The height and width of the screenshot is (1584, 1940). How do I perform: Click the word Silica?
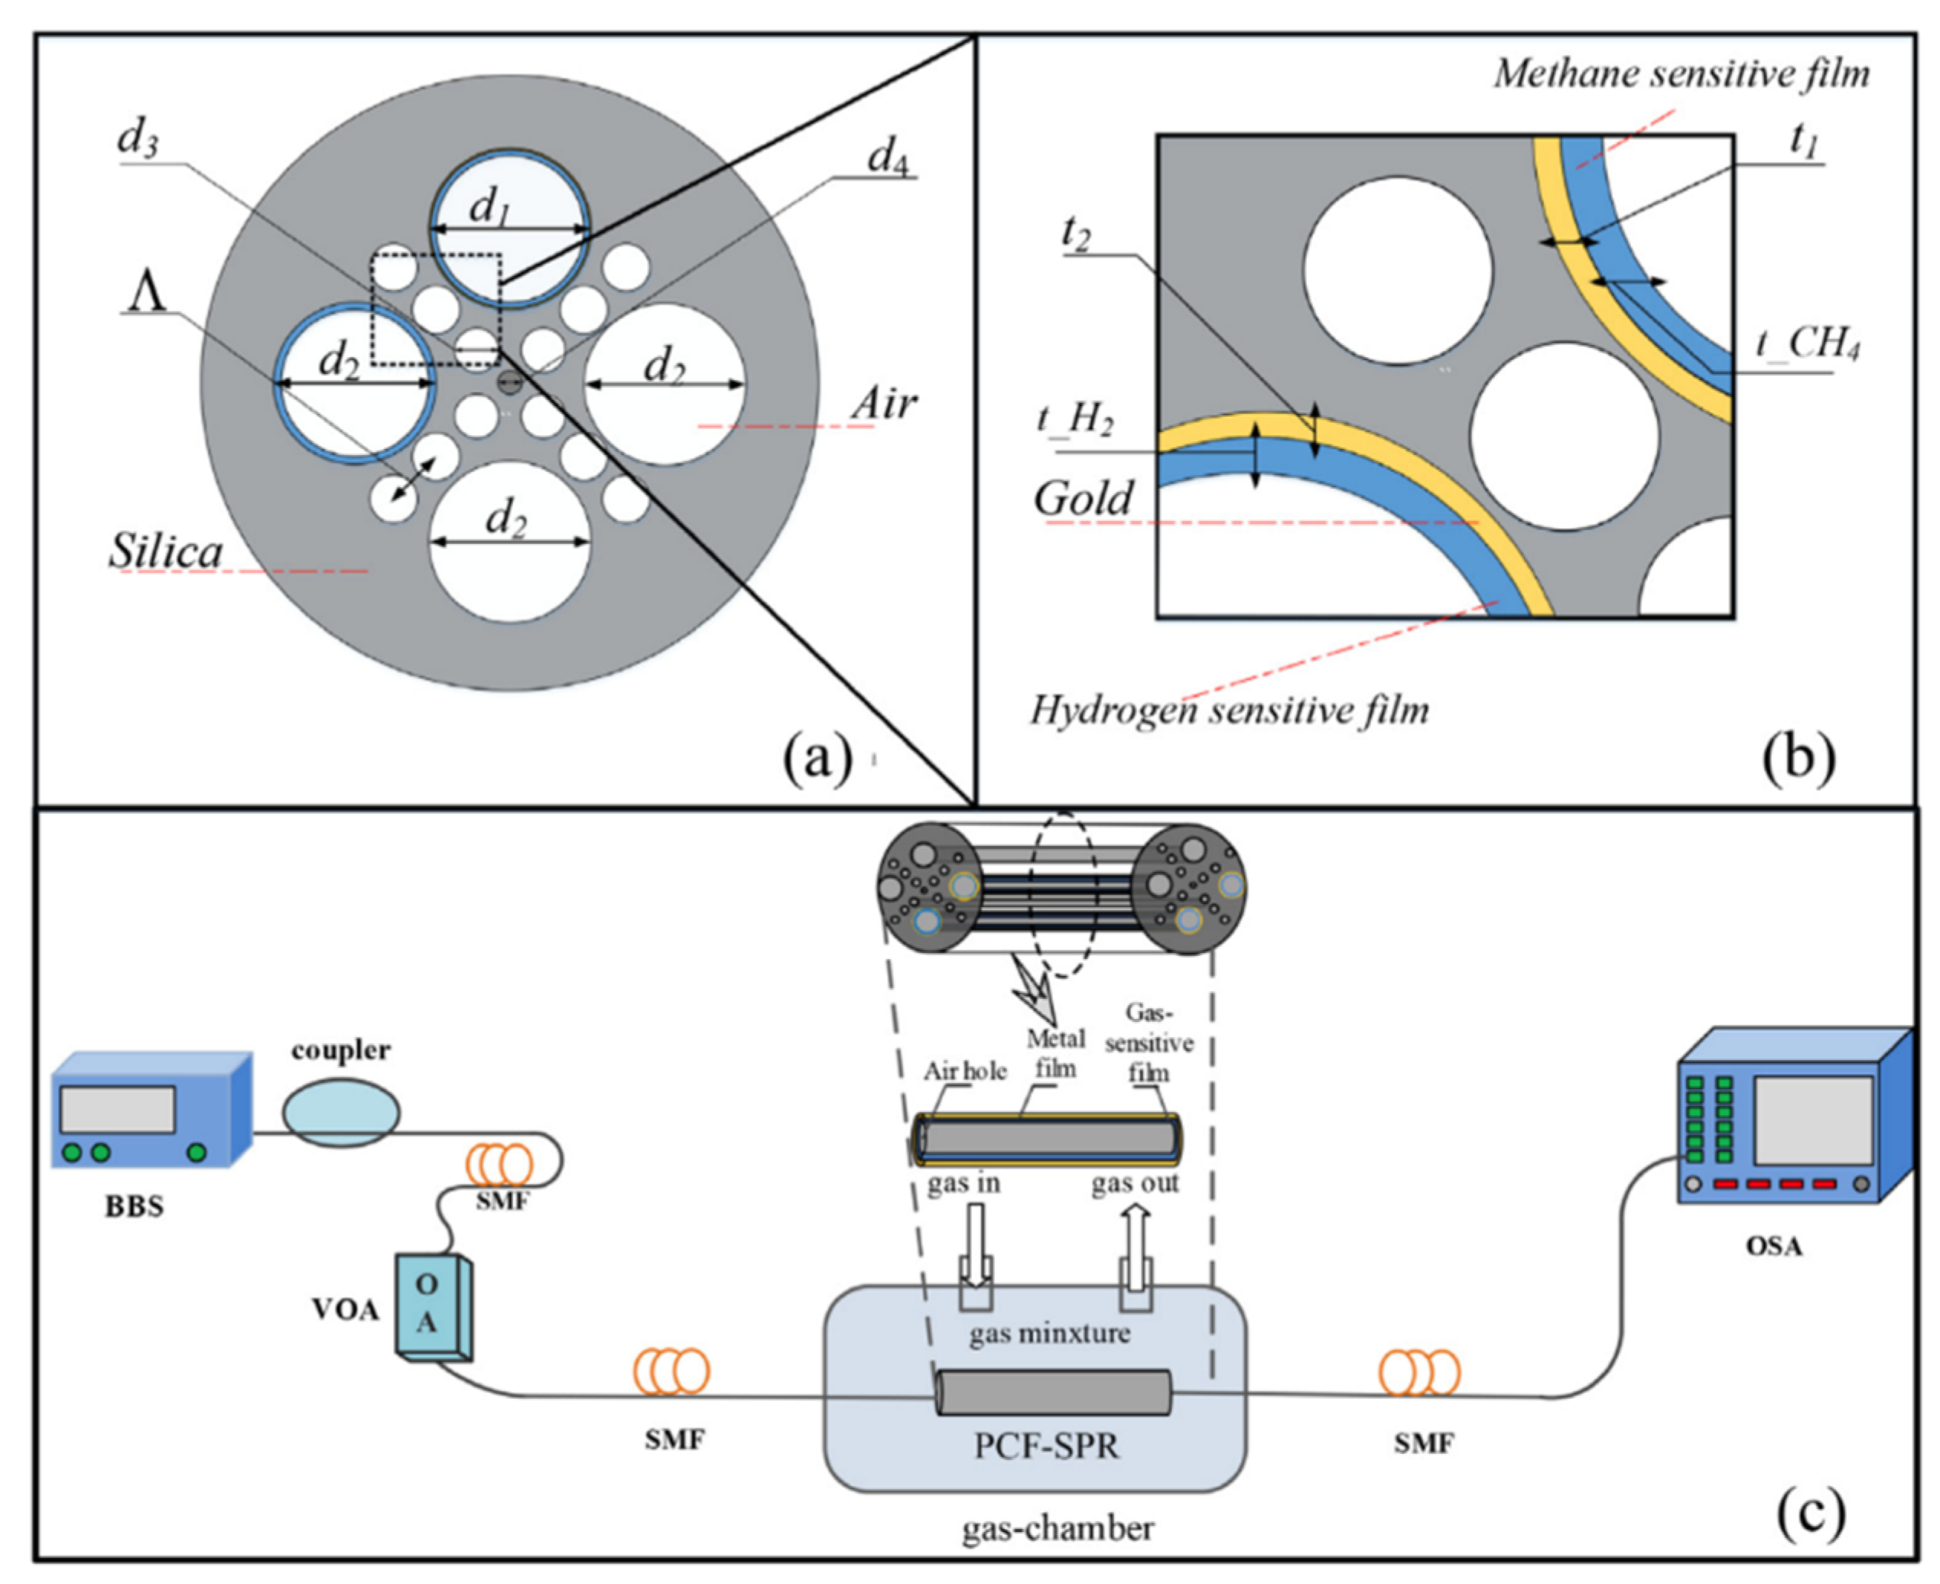tap(166, 551)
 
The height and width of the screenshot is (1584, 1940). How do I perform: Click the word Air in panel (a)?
tap(883, 402)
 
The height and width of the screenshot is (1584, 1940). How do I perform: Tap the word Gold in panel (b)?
tap(1083, 498)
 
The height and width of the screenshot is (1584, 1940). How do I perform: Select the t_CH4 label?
tap(1807, 346)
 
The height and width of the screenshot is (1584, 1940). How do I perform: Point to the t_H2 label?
tap(1074, 419)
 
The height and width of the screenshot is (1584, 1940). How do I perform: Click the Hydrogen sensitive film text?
tap(1229, 709)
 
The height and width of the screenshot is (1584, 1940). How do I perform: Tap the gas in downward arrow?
tap(975, 1245)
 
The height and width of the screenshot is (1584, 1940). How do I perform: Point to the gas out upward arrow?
tap(1136, 1245)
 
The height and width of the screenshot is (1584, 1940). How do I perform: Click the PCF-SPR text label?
tap(1046, 1446)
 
